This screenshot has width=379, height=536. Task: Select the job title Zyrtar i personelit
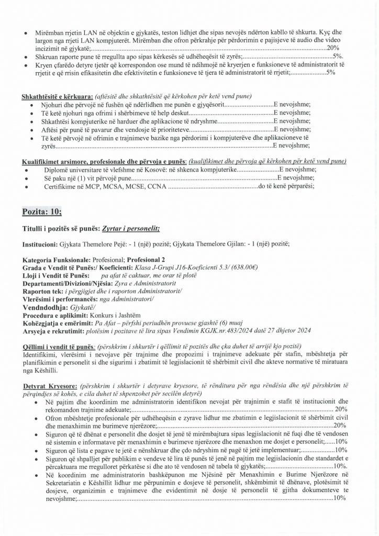[129, 229]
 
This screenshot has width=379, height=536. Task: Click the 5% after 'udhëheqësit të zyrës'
[338, 55]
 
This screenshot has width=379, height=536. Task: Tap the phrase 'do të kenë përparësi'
[286, 186]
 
